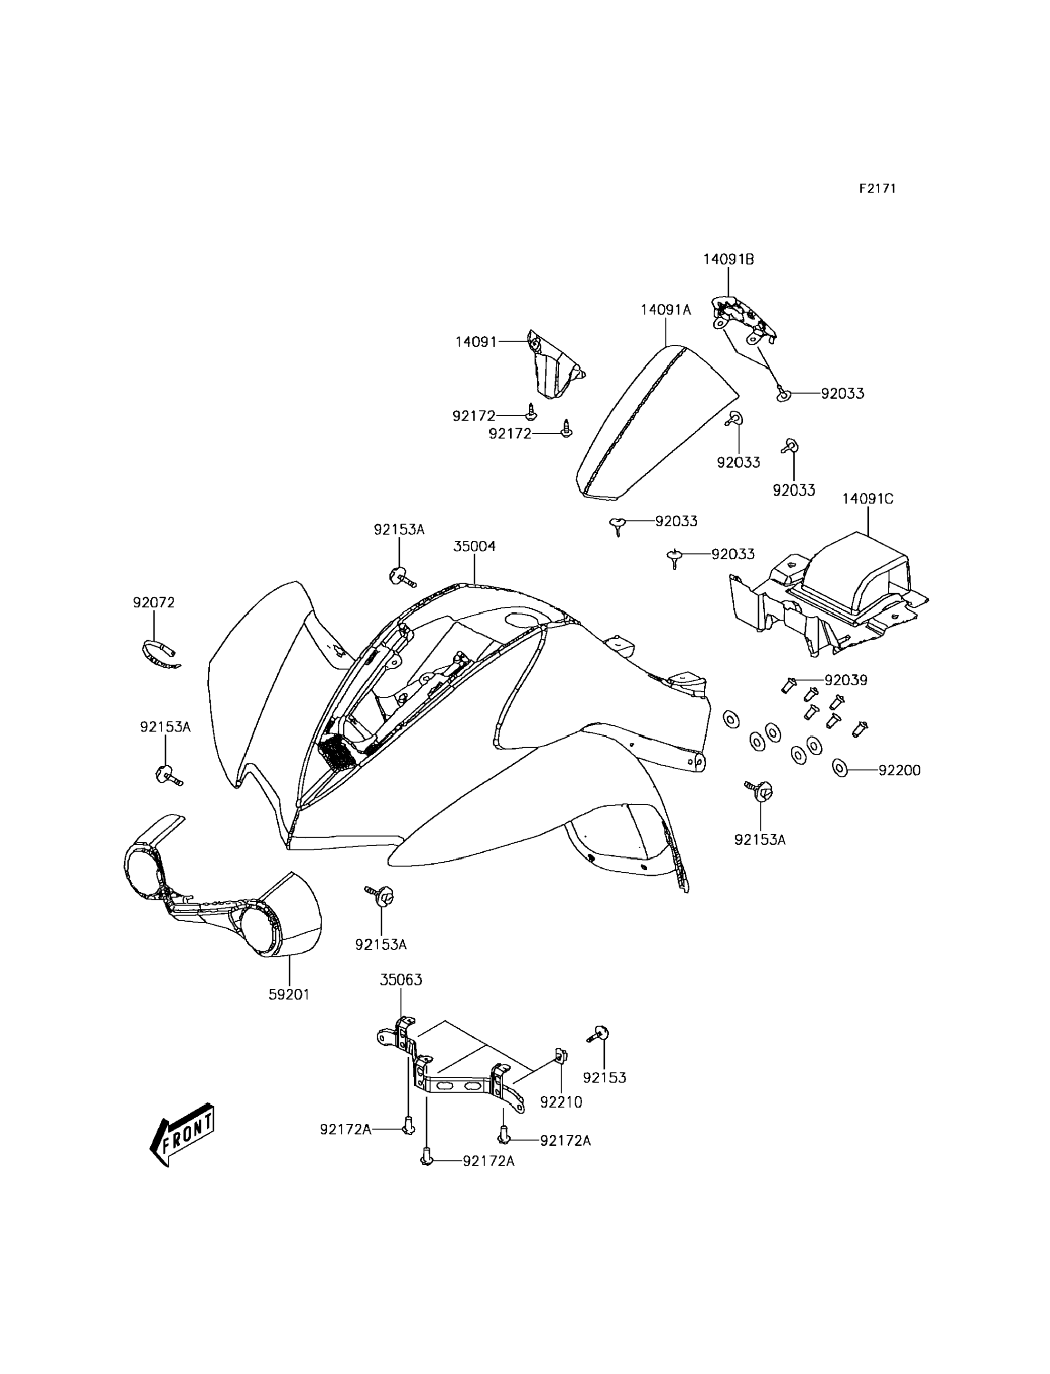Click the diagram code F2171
877,189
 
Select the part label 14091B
728,259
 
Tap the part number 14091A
666,310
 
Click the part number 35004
475,546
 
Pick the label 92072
154,603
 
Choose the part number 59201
290,994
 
